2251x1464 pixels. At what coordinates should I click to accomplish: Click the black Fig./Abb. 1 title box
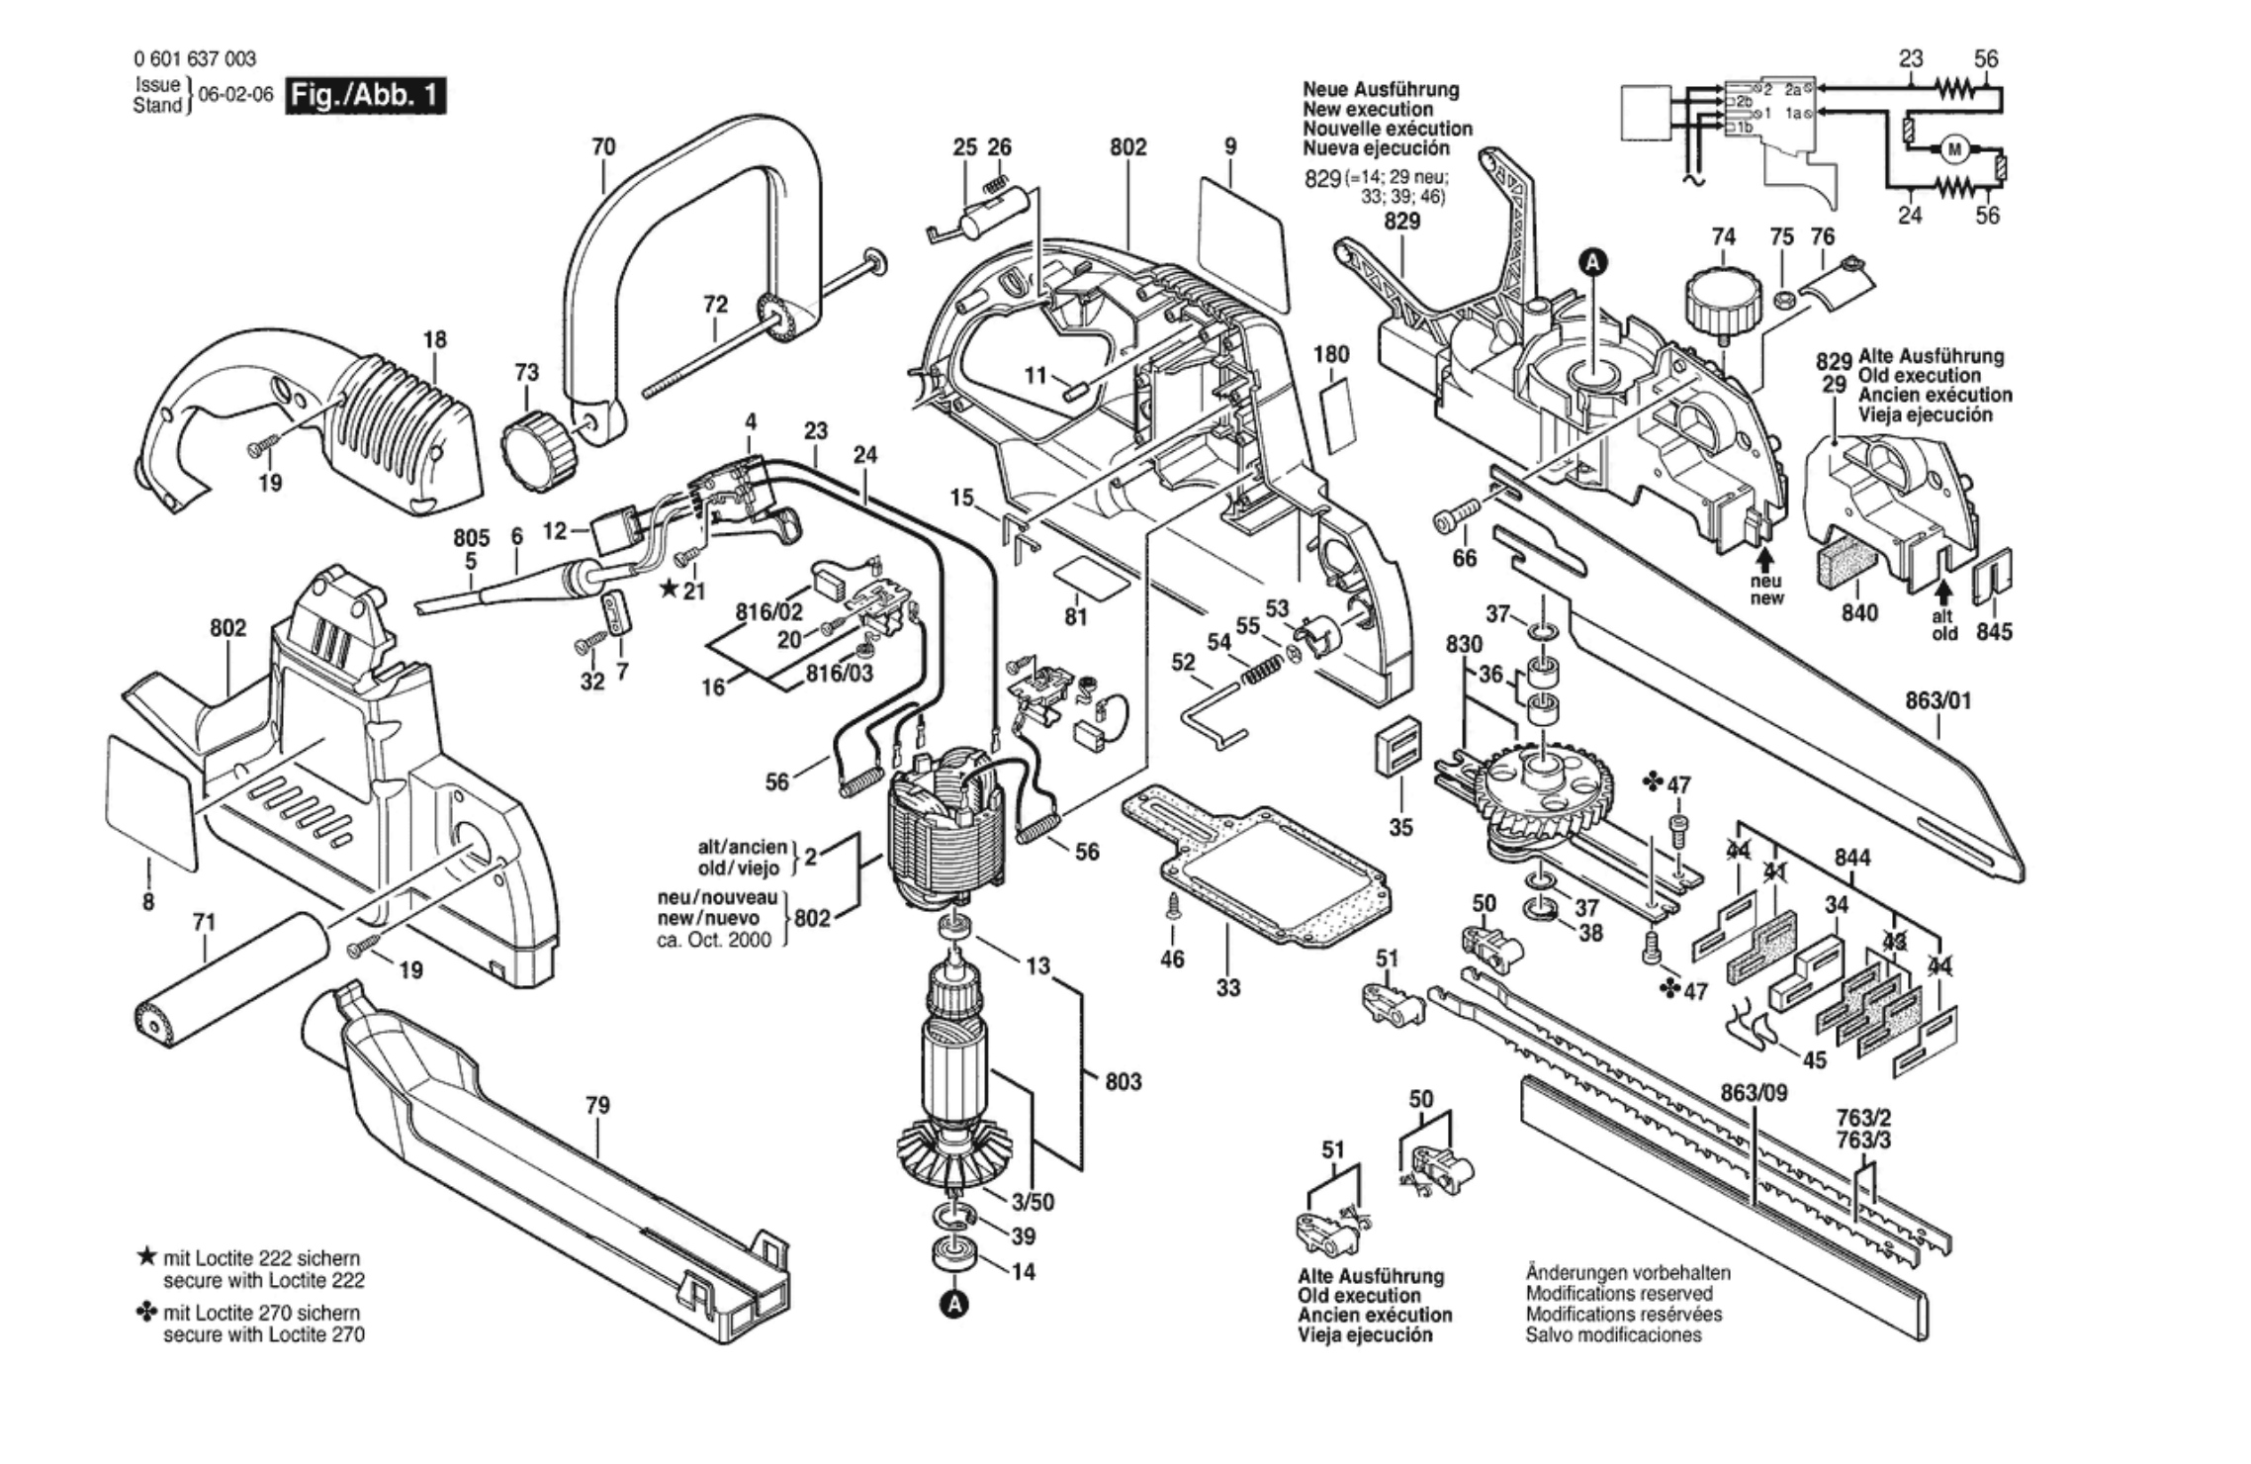click(x=365, y=97)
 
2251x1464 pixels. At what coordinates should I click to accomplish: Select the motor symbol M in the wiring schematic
click(x=1953, y=150)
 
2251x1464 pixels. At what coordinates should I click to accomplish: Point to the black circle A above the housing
click(x=1592, y=262)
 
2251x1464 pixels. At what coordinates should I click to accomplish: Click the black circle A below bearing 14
click(x=953, y=1305)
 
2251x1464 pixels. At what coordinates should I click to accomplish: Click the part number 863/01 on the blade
click(x=1937, y=701)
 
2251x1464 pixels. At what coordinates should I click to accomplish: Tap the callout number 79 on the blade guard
click(x=597, y=1105)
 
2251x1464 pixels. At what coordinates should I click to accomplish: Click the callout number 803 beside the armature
click(x=1123, y=1081)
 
